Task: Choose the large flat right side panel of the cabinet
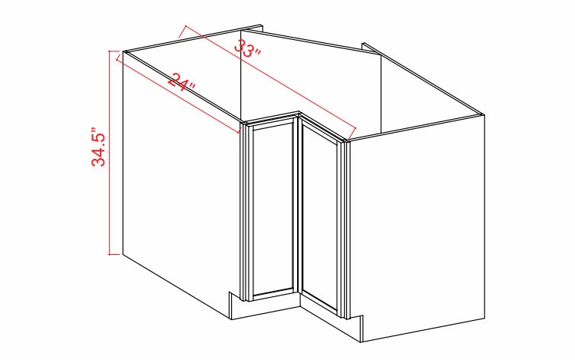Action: pos(418,230)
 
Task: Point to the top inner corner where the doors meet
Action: pos(298,116)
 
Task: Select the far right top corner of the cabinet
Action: pos(484,114)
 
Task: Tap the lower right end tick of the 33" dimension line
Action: pos(357,128)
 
